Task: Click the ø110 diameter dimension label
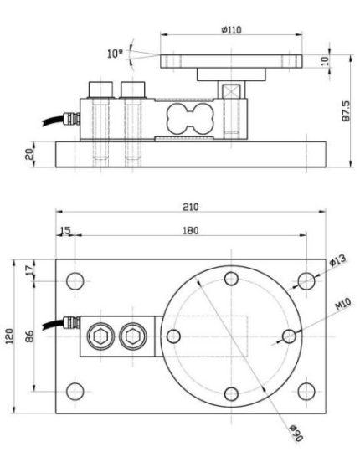click(x=232, y=30)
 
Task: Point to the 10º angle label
click(x=115, y=54)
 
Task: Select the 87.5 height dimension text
click(x=346, y=110)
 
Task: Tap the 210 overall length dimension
click(x=191, y=207)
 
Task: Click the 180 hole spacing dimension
click(x=191, y=230)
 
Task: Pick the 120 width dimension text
click(x=10, y=336)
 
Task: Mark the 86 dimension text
click(x=29, y=336)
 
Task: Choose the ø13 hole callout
click(x=338, y=259)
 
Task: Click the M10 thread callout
click(x=343, y=304)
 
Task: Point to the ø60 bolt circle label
click(x=296, y=433)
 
